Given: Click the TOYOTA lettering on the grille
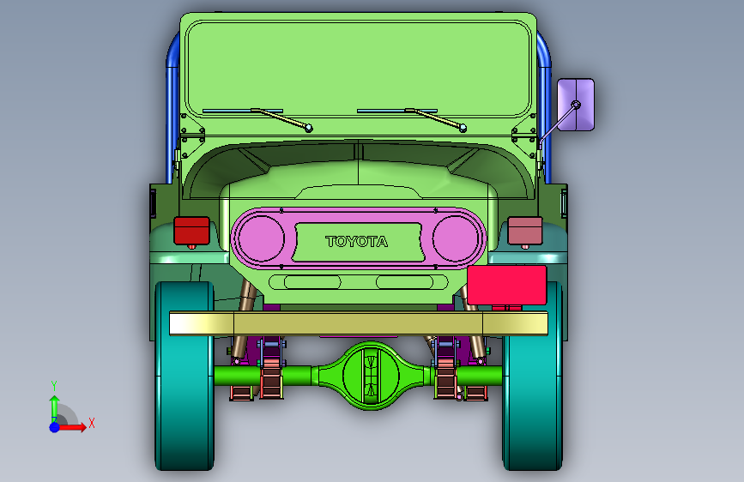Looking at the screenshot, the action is (x=357, y=242).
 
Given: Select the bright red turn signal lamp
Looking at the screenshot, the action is (x=191, y=231).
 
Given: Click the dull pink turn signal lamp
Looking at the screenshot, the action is (x=525, y=231).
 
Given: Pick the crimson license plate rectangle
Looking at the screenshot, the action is (x=507, y=285).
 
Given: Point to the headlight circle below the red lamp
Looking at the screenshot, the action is (x=261, y=238).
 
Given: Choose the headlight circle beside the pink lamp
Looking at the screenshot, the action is (x=456, y=238).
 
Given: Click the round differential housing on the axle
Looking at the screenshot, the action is (x=371, y=376).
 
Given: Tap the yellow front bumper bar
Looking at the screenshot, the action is (x=359, y=323).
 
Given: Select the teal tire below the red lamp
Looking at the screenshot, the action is (x=184, y=376).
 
